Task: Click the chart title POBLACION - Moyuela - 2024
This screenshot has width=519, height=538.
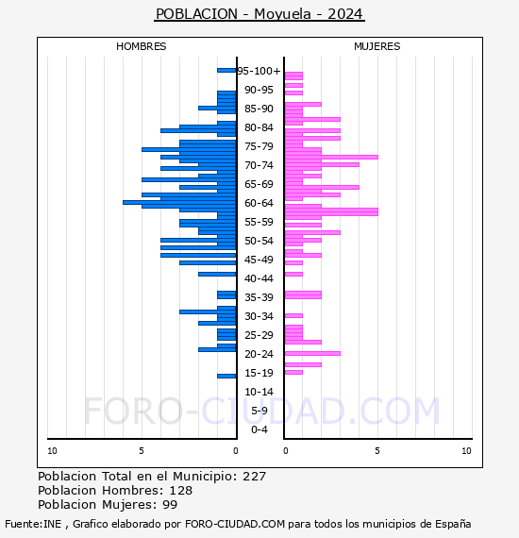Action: (x=259, y=14)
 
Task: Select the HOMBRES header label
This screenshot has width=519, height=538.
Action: (x=142, y=46)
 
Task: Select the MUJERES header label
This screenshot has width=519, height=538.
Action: (x=377, y=46)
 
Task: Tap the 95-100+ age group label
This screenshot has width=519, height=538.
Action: (x=259, y=71)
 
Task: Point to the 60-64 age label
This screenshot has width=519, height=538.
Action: (x=259, y=203)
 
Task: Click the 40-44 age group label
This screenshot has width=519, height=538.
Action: (x=259, y=278)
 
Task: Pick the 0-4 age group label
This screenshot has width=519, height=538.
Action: (x=259, y=429)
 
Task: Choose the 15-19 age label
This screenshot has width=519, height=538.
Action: (x=259, y=373)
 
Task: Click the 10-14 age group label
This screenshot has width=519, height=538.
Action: (x=259, y=392)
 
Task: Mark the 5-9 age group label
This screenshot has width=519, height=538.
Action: (x=259, y=411)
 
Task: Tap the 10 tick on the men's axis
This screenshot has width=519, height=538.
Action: (x=52, y=451)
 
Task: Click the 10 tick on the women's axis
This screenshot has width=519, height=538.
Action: (x=466, y=451)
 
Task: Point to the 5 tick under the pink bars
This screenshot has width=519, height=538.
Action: (x=377, y=451)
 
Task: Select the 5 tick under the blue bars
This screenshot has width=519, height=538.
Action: (x=142, y=451)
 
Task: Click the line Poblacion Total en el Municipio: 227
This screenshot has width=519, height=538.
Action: (x=152, y=478)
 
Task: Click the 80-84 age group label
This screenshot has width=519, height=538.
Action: (x=259, y=127)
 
